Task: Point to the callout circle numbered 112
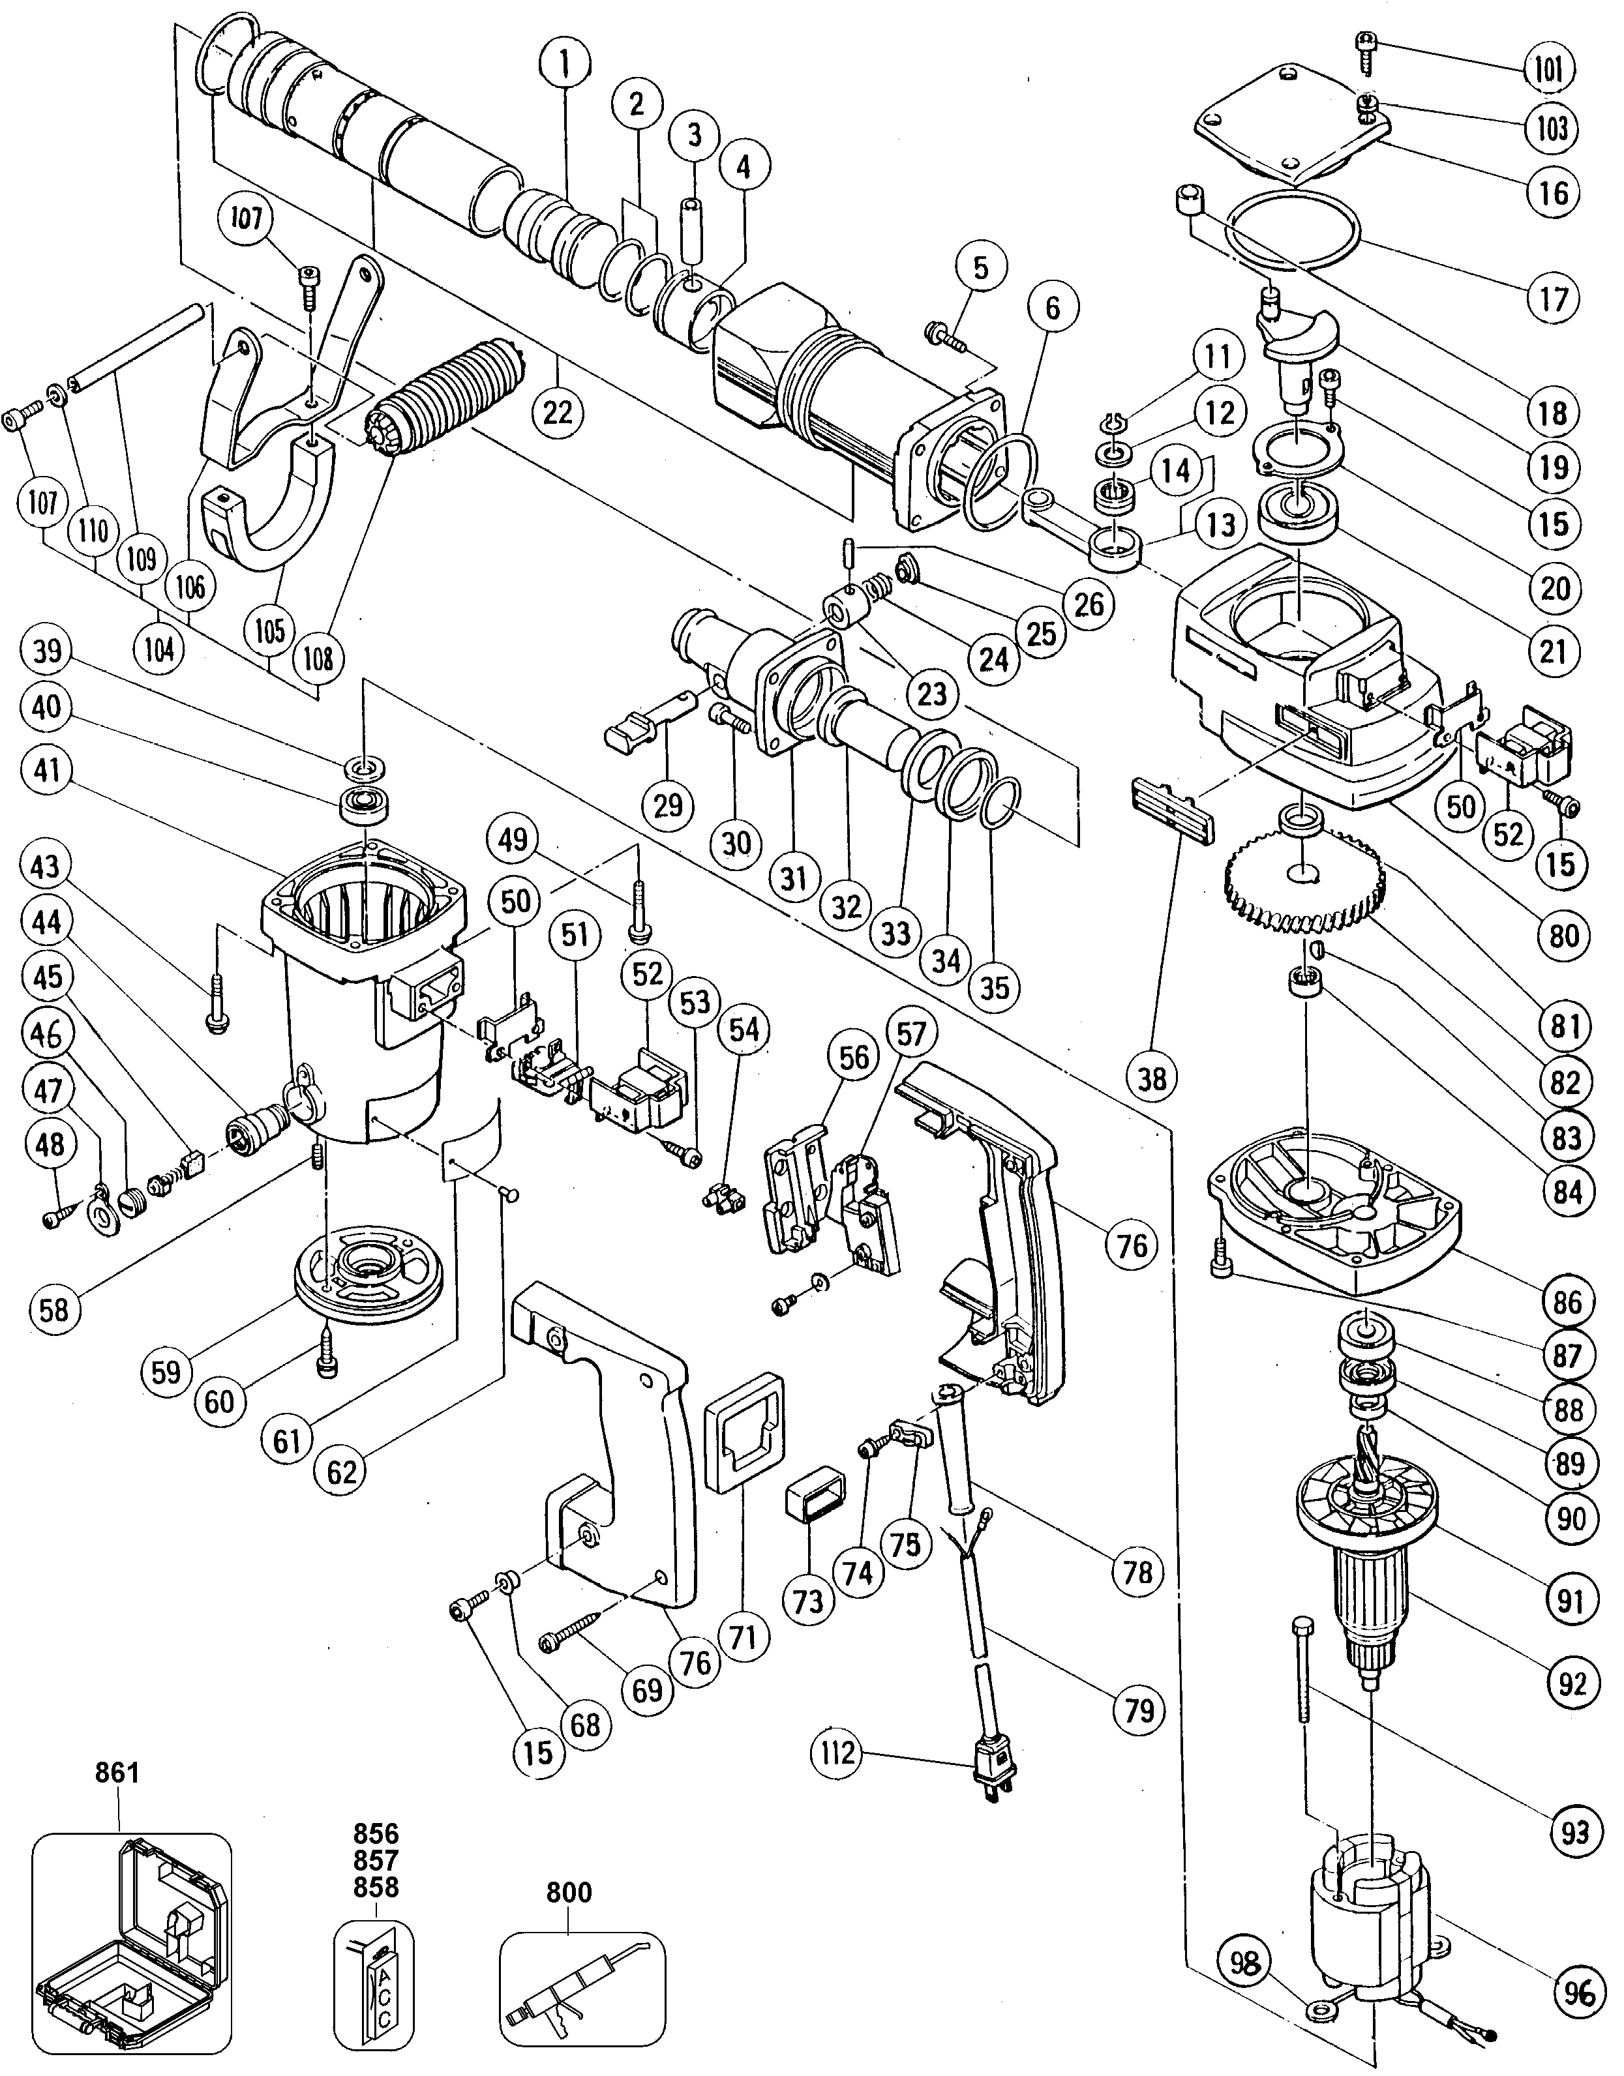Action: (x=834, y=1753)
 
